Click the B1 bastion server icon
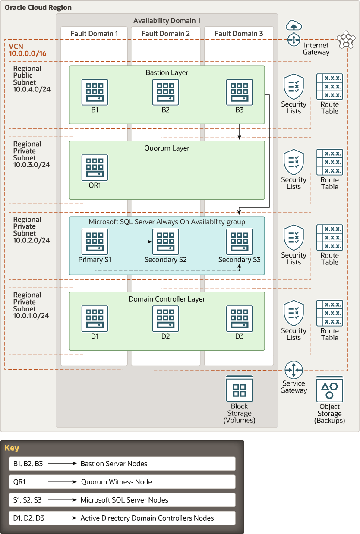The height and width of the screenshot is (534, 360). click(x=95, y=92)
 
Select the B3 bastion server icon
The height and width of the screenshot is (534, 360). click(x=240, y=92)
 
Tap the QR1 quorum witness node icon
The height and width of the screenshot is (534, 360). click(x=95, y=167)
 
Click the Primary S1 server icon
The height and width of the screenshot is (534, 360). click(x=95, y=242)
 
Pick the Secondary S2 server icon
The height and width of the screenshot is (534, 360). click(x=165, y=242)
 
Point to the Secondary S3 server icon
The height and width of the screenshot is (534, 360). click(x=240, y=242)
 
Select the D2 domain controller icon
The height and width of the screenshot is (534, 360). click(x=165, y=318)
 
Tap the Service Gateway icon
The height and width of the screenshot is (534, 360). click(x=294, y=370)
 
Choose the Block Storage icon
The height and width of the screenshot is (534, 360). click(x=239, y=389)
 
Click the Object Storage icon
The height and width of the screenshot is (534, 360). click(x=329, y=389)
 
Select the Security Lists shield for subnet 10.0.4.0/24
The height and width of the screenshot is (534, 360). click(x=294, y=86)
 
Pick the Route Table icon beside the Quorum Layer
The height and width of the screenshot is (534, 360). click(x=329, y=162)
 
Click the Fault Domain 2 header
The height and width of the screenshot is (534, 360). click(x=165, y=34)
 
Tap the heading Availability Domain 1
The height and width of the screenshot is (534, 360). click(x=167, y=21)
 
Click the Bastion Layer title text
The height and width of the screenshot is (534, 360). click(x=167, y=72)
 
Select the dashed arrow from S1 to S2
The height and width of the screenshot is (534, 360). click(x=131, y=242)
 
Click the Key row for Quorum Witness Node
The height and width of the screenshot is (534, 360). click(x=122, y=482)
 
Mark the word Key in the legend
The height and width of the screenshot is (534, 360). click(x=12, y=448)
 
